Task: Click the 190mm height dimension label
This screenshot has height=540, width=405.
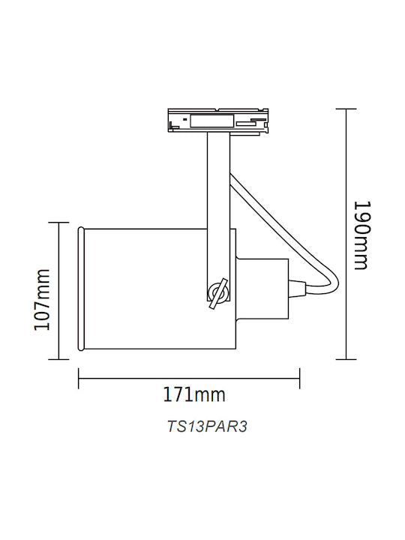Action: [x=362, y=235]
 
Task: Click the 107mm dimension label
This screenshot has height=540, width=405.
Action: [x=42, y=299]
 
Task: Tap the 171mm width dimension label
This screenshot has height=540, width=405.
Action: [x=194, y=394]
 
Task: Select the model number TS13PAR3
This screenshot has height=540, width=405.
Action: [x=207, y=427]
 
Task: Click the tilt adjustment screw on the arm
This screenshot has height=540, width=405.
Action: [x=218, y=293]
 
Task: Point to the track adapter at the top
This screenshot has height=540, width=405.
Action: [x=218, y=121]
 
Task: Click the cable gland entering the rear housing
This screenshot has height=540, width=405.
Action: [x=297, y=289]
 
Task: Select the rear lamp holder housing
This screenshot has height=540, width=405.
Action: [x=262, y=289]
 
